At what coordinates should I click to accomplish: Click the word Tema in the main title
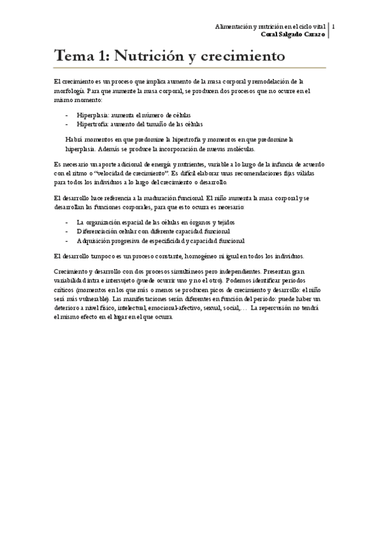[71, 56]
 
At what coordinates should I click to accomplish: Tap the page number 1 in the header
[333, 27]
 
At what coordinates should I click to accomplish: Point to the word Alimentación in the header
[235, 27]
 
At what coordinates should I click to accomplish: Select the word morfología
[70, 91]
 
